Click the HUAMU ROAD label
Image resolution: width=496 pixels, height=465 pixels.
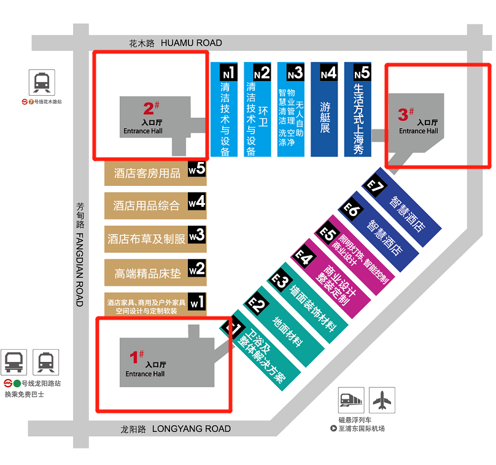click(191, 43)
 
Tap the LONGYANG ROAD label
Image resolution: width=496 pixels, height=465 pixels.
click(191, 429)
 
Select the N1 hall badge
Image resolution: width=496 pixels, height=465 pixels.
click(228, 72)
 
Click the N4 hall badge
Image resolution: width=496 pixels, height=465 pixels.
click(328, 72)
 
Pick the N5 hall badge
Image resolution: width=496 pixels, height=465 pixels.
click(362, 72)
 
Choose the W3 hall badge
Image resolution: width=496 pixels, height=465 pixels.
click(196, 234)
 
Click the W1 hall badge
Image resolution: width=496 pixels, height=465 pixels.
click(196, 302)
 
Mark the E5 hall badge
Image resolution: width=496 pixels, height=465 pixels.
click(326, 234)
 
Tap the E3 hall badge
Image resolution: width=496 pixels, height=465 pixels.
click(279, 282)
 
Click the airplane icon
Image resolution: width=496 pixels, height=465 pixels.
click(383, 401)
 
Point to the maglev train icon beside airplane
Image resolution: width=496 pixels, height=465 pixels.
click(352, 401)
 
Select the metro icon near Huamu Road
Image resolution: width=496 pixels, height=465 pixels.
click(42, 82)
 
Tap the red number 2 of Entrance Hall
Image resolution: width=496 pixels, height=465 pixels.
click(148, 109)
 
